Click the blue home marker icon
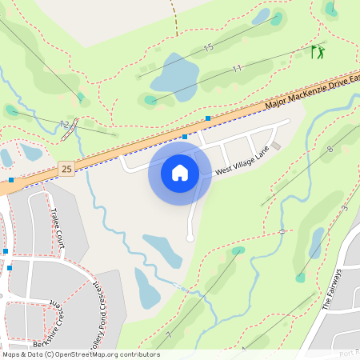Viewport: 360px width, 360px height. click(x=180, y=172)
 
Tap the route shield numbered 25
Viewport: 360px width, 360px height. click(x=66, y=169)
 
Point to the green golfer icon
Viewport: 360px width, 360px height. click(x=318, y=53)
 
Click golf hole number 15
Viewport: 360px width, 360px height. click(x=208, y=49)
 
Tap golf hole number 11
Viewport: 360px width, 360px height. click(x=237, y=70)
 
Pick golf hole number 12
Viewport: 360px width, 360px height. click(x=63, y=124)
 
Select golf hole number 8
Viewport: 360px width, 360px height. click(x=330, y=150)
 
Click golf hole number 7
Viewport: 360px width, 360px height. click(x=169, y=334)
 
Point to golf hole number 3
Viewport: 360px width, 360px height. click(x=345, y=209)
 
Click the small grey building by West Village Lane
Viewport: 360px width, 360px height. click(x=276, y=146)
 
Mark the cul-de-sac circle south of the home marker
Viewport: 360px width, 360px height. click(x=190, y=238)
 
